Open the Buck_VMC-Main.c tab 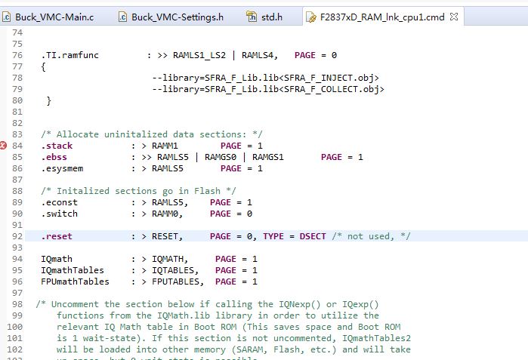54,17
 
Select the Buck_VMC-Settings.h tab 177,17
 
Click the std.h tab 272,17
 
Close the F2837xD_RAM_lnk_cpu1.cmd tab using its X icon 454,17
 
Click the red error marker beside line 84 3,146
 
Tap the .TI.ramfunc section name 70,55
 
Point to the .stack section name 57,146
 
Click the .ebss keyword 54,157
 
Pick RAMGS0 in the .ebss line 221,157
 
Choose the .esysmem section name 62,168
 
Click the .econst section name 59,202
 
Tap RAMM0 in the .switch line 165,214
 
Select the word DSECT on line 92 313,236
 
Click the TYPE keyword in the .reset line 273,236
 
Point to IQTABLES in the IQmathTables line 173,270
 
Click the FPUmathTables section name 75,282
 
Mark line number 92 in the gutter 17,236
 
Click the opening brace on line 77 44,66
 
